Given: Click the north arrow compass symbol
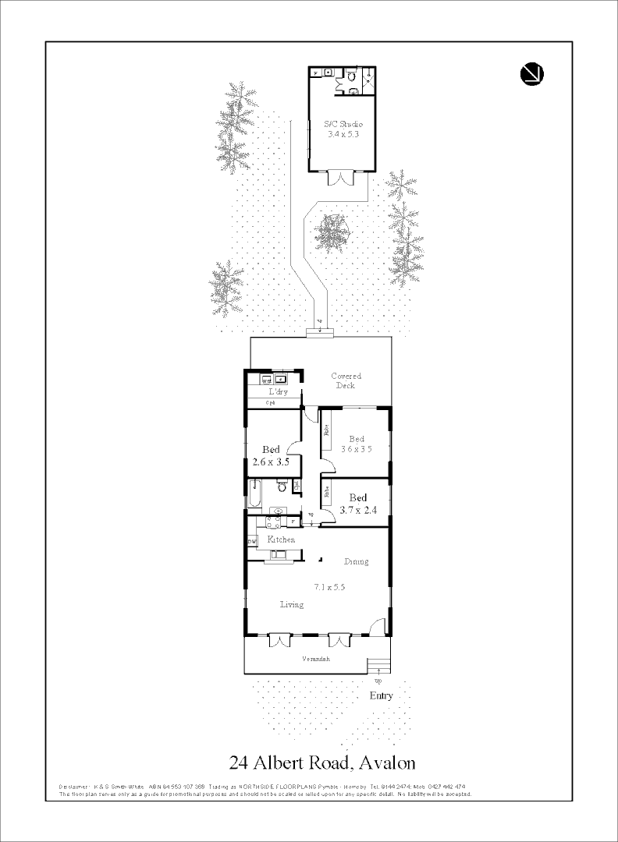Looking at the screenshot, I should click(531, 73).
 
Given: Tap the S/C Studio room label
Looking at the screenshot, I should click(343, 124).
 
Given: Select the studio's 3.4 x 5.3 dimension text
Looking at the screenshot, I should click(343, 134).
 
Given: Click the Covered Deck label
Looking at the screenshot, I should click(346, 380).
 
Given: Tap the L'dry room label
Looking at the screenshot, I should click(279, 392).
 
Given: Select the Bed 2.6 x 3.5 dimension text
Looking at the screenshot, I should click(271, 462).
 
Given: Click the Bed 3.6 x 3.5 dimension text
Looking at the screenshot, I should click(357, 448).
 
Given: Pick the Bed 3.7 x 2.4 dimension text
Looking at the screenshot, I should click(358, 510).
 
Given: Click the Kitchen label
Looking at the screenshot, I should click(281, 540).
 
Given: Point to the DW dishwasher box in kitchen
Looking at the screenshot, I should click(252, 540).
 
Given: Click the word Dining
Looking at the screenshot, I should click(356, 561).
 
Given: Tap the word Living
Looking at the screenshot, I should click(292, 604).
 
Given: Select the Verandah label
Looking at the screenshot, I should click(316, 659).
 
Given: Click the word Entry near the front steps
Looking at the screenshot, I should click(381, 696).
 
